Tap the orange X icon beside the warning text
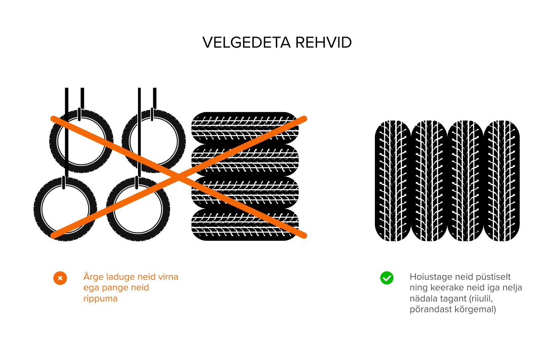[60, 278]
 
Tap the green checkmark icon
[387, 278]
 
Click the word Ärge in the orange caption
[93, 277]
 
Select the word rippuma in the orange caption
[100, 299]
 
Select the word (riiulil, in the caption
[481, 299]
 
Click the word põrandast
[431, 309]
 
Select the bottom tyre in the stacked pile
[245, 225]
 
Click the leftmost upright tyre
[393, 181]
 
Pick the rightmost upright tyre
[502, 181]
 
